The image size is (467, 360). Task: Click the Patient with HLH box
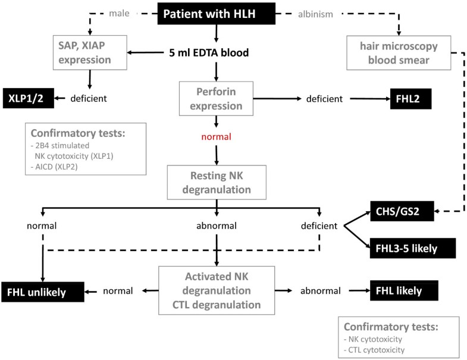[216, 14]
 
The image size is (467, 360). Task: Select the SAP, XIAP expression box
[90, 52]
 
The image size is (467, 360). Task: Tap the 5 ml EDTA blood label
[209, 53]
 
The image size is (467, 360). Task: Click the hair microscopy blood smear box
[399, 53]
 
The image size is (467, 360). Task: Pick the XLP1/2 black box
[29, 98]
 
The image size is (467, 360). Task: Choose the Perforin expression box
[216, 99]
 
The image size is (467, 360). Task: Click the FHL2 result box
[410, 99]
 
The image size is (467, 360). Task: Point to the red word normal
[216, 137]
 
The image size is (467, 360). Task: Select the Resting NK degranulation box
[217, 183]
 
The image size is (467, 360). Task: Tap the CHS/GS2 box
[402, 211]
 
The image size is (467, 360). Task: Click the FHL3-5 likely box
[413, 248]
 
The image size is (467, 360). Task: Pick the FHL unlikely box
[43, 292]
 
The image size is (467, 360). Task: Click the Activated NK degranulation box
[217, 290]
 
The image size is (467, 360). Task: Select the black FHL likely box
[404, 290]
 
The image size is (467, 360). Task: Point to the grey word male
[119, 14]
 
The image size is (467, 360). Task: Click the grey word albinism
[315, 14]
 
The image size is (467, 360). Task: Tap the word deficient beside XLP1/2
[89, 98]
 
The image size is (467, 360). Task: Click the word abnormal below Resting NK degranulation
[217, 226]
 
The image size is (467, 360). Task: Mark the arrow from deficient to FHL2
[370, 99]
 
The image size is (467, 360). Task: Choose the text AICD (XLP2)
[54, 167]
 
